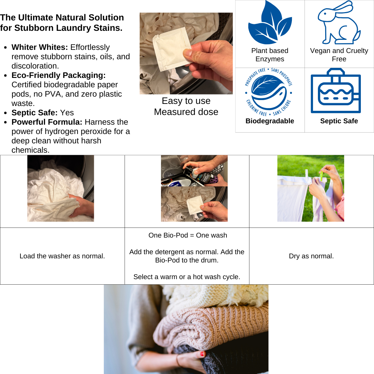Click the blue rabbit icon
coord(339,23)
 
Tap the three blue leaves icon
coord(270,23)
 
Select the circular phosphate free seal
coord(269,92)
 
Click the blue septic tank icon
coord(336,91)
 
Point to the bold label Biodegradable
coord(270,121)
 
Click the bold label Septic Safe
coord(339,121)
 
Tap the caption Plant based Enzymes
coord(270,55)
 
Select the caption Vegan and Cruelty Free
coord(339,55)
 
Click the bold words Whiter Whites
coord(40,47)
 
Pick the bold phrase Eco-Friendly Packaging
coord(59,75)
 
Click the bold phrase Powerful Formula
coord(47,122)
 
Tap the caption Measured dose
coord(186,112)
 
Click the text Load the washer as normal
coord(62,256)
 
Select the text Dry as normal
coord(311,256)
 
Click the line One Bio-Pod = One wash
coord(188,235)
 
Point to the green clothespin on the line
coord(321,176)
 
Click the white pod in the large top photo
coord(172,49)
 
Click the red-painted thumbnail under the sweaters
coord(203,354)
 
